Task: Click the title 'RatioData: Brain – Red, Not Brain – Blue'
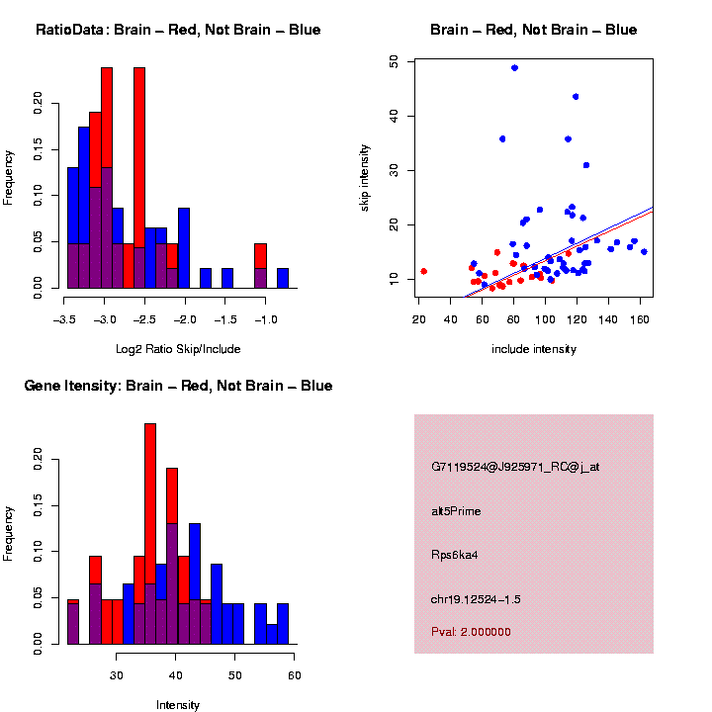[178, 30]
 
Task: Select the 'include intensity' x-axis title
[534, 349]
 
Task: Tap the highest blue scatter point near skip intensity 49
[514, 68]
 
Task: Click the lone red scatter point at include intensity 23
[423, 271]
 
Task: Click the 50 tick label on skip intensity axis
[395, 61]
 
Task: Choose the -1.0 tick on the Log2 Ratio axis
[262, 319]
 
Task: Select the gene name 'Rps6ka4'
[453, 555]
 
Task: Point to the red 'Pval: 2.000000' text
[471, 632]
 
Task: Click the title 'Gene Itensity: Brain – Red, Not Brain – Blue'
[178, 386]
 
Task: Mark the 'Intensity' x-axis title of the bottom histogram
[178, 705]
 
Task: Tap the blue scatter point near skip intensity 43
[576, 97]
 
